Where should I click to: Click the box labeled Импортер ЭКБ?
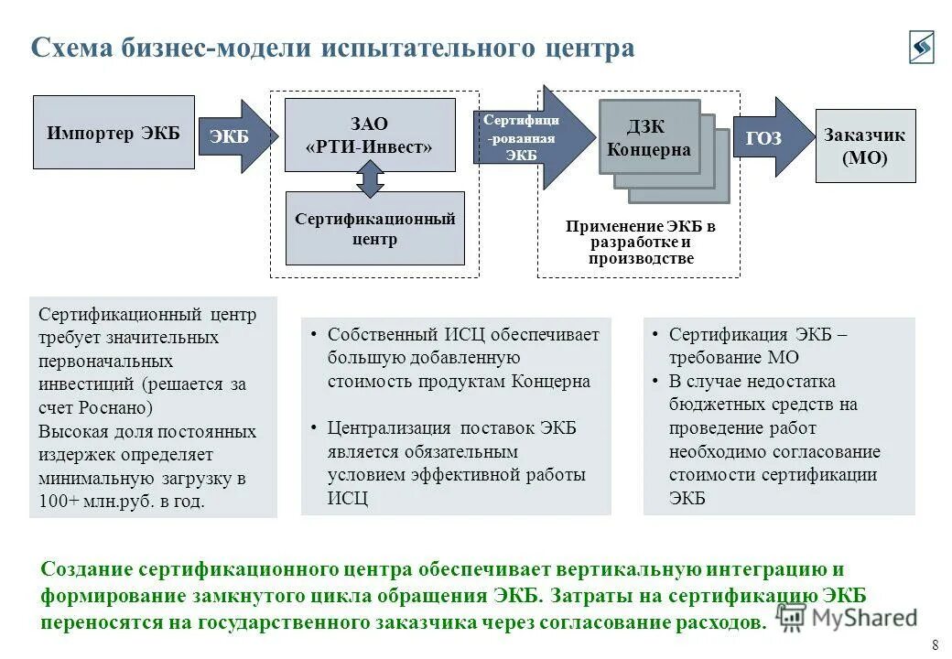114,133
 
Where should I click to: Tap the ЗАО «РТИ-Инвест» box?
370,135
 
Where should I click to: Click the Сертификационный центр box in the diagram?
374,228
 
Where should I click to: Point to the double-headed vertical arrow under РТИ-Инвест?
370,178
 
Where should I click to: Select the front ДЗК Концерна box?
649,137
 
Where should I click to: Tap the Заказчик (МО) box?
865,146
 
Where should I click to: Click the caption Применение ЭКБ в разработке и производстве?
640,243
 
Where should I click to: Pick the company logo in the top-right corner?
921,47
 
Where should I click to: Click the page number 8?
935,643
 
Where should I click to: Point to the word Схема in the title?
72,48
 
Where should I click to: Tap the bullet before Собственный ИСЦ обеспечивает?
313,335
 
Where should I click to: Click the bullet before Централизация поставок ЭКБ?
313,428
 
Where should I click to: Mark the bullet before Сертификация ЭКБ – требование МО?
655,335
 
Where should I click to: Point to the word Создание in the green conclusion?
87,569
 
